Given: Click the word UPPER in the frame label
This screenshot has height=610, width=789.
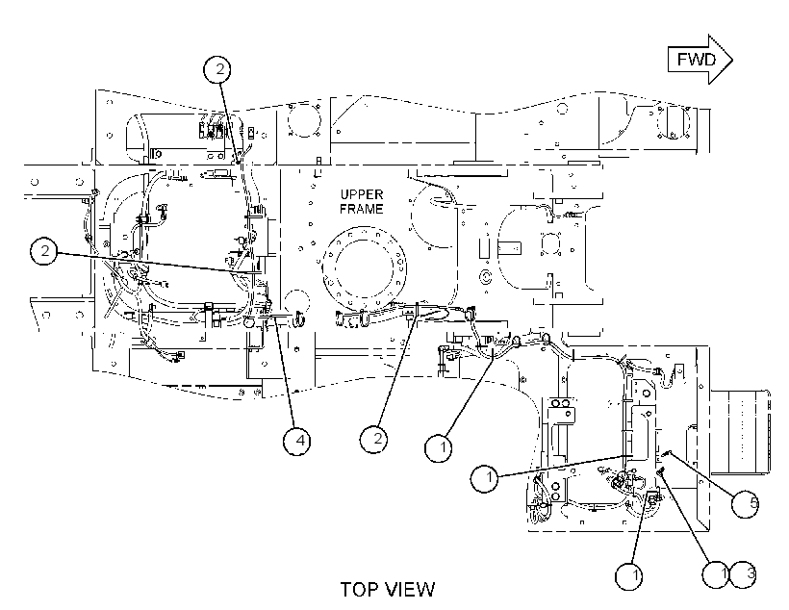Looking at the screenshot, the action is [362, 194].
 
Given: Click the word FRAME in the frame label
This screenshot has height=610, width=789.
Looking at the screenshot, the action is [361, 209].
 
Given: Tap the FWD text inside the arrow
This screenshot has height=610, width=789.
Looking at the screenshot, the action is [696, 60].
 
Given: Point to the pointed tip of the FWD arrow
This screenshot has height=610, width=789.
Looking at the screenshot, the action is [732, 60].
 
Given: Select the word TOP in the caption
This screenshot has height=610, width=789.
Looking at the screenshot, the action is [359, 590].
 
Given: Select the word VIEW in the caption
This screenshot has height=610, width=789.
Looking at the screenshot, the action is [410, 590].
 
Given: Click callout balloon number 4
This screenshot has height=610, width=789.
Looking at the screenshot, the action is [297, 441].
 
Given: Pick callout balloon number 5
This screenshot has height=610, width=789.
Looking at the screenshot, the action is [746, 503].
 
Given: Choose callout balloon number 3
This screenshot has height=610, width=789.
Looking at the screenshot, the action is [744, 573].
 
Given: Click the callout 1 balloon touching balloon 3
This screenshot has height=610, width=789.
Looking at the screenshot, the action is [716, 573].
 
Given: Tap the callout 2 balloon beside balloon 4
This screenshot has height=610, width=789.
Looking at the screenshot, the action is [374, 439].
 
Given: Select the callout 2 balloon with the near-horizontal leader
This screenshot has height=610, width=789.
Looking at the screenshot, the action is [43, 251].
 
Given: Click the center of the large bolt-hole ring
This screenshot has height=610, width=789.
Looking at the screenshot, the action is [365, 268].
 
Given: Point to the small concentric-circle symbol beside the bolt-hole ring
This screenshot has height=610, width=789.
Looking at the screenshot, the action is [486, 276].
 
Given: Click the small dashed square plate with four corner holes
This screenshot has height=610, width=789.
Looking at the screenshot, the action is [550, 244].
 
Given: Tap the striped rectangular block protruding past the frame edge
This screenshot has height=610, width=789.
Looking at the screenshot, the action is [740, 431].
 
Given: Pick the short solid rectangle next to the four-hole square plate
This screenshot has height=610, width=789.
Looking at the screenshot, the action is [510, 248].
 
